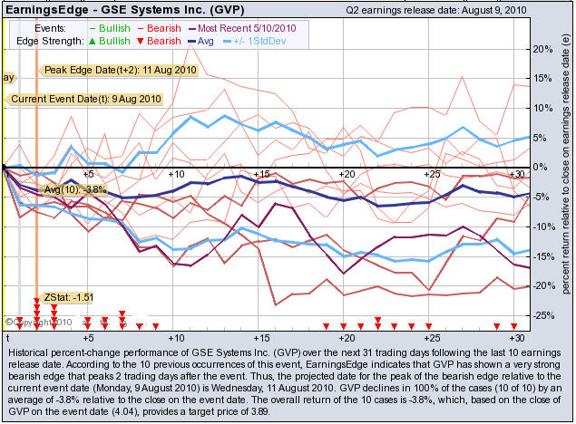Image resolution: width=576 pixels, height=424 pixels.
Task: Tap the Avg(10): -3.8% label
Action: (x=76, y=190)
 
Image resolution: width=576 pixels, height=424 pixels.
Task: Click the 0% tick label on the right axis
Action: (x=542, y=168)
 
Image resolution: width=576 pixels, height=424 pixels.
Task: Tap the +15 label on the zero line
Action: (x=260, y=173)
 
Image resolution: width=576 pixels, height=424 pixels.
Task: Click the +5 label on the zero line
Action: (x=88, y=173)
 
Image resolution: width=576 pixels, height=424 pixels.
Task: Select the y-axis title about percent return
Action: (x=564, y=172)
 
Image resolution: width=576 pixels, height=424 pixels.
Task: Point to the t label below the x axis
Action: (x=7, y=337)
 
